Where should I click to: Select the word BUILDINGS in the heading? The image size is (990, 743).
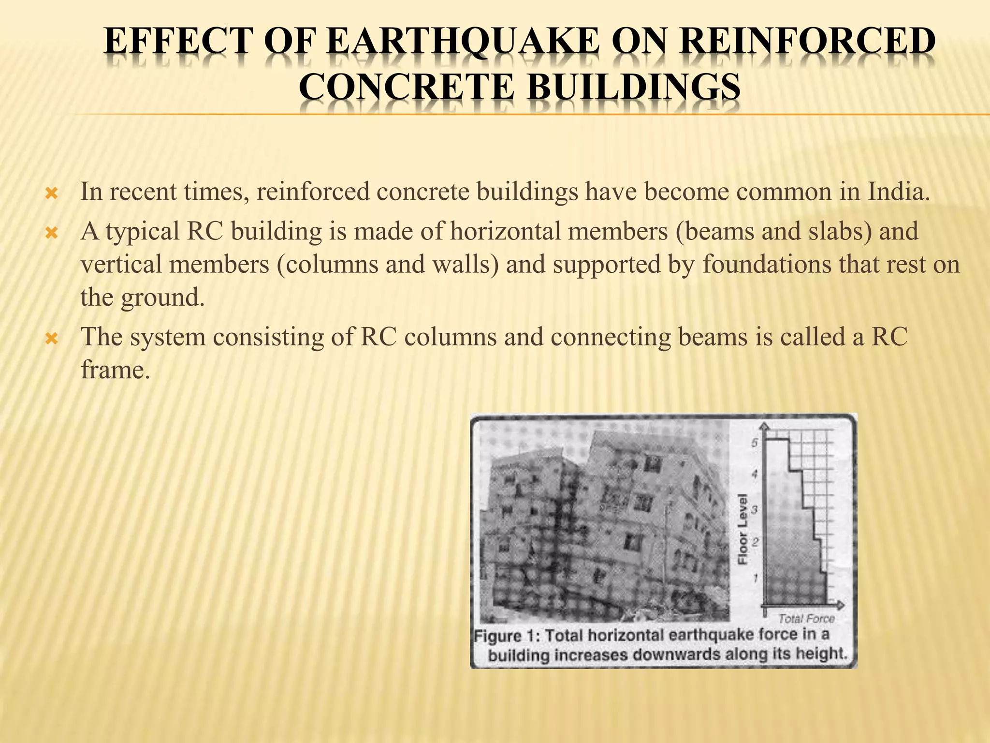tap(633, 87)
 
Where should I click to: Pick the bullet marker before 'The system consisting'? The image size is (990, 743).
tap(51, 339)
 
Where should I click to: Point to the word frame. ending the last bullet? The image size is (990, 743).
tap(113, 370)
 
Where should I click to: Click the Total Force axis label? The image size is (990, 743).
tap(806, 619)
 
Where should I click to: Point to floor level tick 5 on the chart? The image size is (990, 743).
tap(755, 443)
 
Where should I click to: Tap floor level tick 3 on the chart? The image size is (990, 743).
tap(755, 509)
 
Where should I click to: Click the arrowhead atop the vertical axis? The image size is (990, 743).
tap(764, 426)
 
